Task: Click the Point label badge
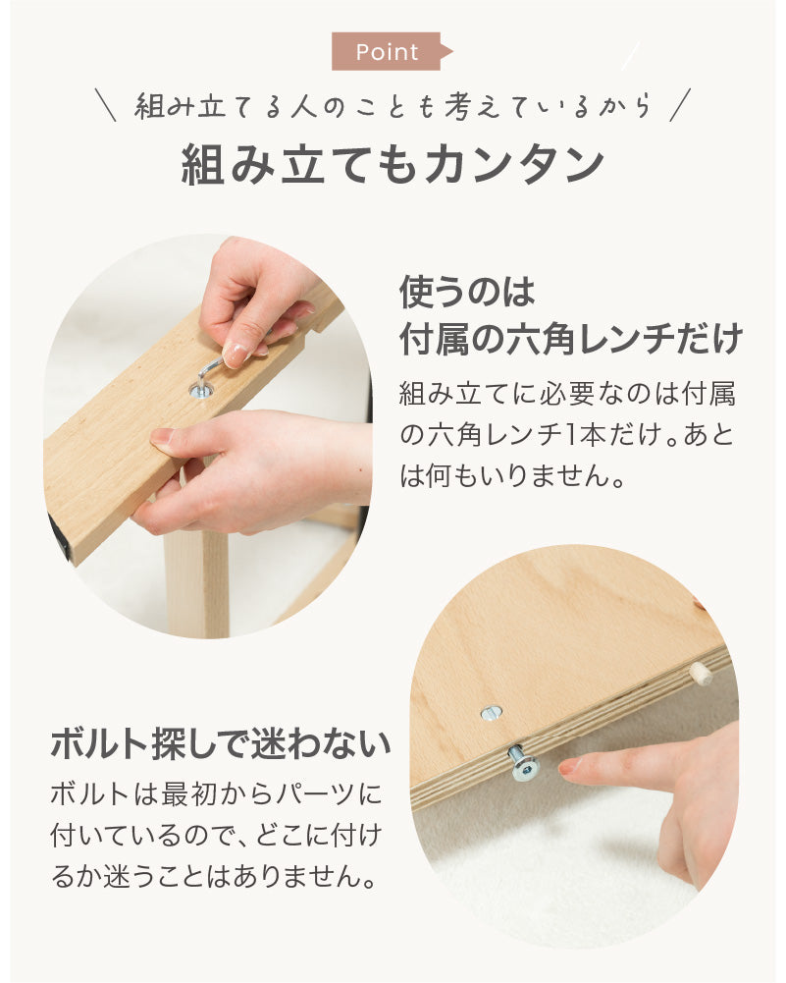click(391, 51)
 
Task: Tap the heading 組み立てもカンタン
click(393, 165)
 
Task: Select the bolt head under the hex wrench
click(201, 392)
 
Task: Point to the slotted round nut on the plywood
click(491, 713)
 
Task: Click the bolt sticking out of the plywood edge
click(524, 762)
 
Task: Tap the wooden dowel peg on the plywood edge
click(699, 676)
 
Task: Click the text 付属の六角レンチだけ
click(570, 339)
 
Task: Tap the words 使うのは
click(467, 292)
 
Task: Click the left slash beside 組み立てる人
click(105, 105)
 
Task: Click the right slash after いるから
click(679, 105)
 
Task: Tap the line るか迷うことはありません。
click(214, 876)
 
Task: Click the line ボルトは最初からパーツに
click(216, 794)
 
